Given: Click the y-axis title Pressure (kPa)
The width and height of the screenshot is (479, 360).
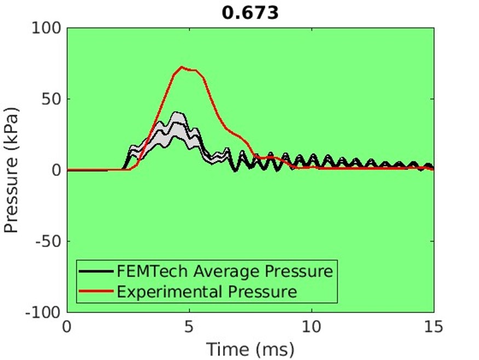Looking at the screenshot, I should (x=12, y=170).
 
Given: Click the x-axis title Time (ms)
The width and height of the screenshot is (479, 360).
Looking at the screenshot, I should (x=250, y=348).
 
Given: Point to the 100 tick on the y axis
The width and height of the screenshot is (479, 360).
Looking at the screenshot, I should (x=48, y=28).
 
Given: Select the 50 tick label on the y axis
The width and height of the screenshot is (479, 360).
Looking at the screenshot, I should (x=53, y=99).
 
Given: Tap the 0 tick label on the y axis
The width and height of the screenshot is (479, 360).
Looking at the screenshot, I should (x=57, y=170).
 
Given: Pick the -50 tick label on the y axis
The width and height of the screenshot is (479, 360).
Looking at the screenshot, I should (x=50, y=241).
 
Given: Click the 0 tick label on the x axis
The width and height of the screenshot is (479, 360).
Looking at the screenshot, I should (x=67, y=327).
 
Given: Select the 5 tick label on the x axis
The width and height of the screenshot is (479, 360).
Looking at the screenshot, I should (x=189, y=327).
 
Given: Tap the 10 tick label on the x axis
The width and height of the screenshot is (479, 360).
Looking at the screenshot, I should (x=311, y=327).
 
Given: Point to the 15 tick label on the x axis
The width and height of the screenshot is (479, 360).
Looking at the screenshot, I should (x=434, y=327).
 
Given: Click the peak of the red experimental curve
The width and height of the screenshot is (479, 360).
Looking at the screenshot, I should (x=182, y=67).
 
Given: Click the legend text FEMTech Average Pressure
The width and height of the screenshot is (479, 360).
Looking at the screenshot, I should (x=224, y=271).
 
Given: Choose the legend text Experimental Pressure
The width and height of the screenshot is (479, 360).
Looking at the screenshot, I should (x=206, y=291).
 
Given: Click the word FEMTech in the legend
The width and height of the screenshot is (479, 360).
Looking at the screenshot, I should (x=141, y=271).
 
